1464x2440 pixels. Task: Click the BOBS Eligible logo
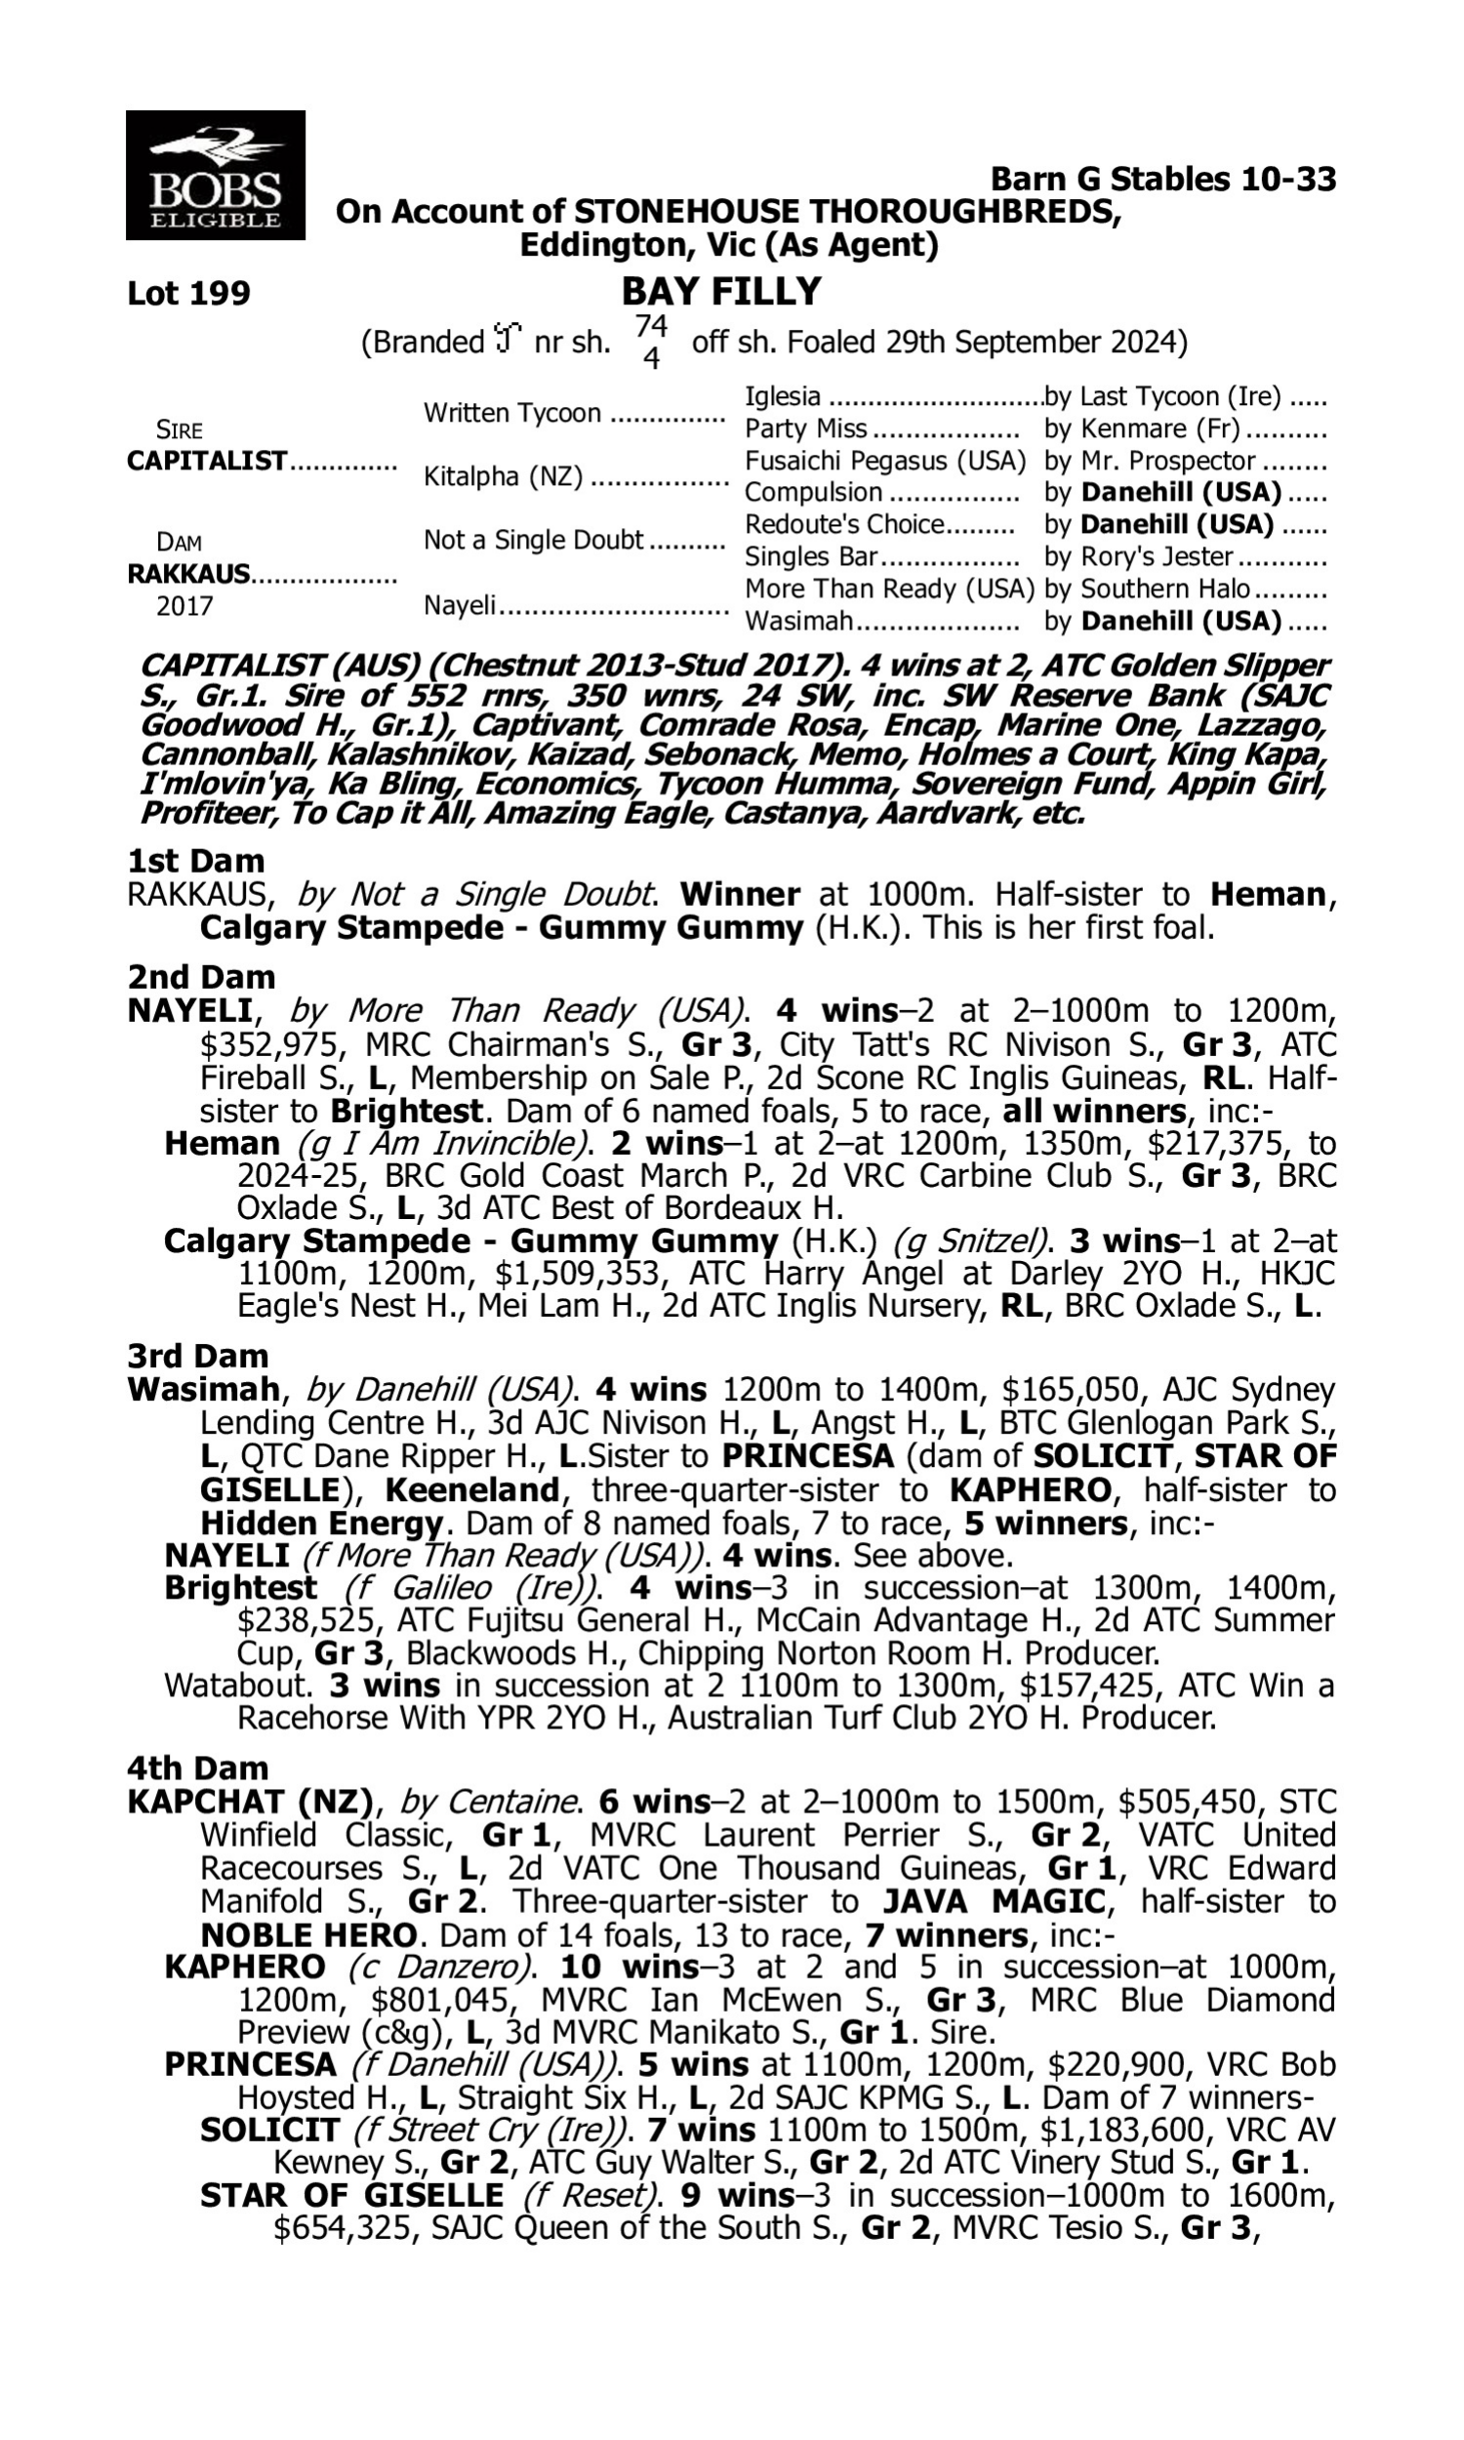(215, 175)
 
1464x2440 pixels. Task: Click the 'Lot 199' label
(188, 293)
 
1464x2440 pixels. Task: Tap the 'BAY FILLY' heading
(721, 292)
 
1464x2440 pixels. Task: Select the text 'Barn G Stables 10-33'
(1163, 179)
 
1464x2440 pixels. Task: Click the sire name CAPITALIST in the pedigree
(207, 461)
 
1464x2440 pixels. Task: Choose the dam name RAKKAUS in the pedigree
(188, 573)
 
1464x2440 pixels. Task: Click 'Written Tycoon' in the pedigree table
(512, 412)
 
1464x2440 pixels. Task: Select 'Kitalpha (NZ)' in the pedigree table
(503, 476)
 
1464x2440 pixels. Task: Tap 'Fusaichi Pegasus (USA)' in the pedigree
(885, 461)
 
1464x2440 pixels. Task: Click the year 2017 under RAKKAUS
(184, 605)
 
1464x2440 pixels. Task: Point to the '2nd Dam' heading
(201, 976)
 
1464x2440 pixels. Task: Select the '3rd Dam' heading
(198, 1355)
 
